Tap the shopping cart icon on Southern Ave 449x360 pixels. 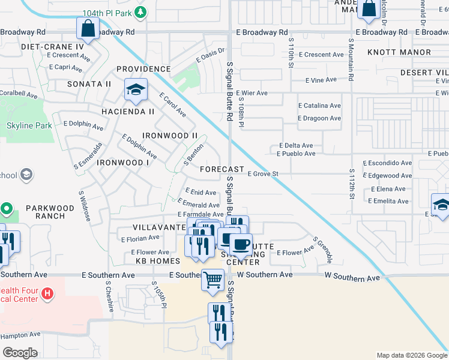[x=213, y=280]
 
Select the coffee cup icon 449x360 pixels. [x=241, y=244]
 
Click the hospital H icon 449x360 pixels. [x=47, y=294]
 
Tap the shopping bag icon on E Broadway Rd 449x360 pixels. [x=88, y=29]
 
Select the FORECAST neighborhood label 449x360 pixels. [x=222, y=169]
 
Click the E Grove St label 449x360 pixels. [x=264, y=174]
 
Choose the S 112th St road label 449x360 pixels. [x=351, y=185]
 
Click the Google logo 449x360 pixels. [x=20, y=353]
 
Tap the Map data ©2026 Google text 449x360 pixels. [x=411, y=355]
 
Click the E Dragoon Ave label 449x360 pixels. [x=319, y=118]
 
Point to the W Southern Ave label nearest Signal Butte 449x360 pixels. [x=265, y=274]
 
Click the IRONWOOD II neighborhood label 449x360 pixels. [x=170, y=136]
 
